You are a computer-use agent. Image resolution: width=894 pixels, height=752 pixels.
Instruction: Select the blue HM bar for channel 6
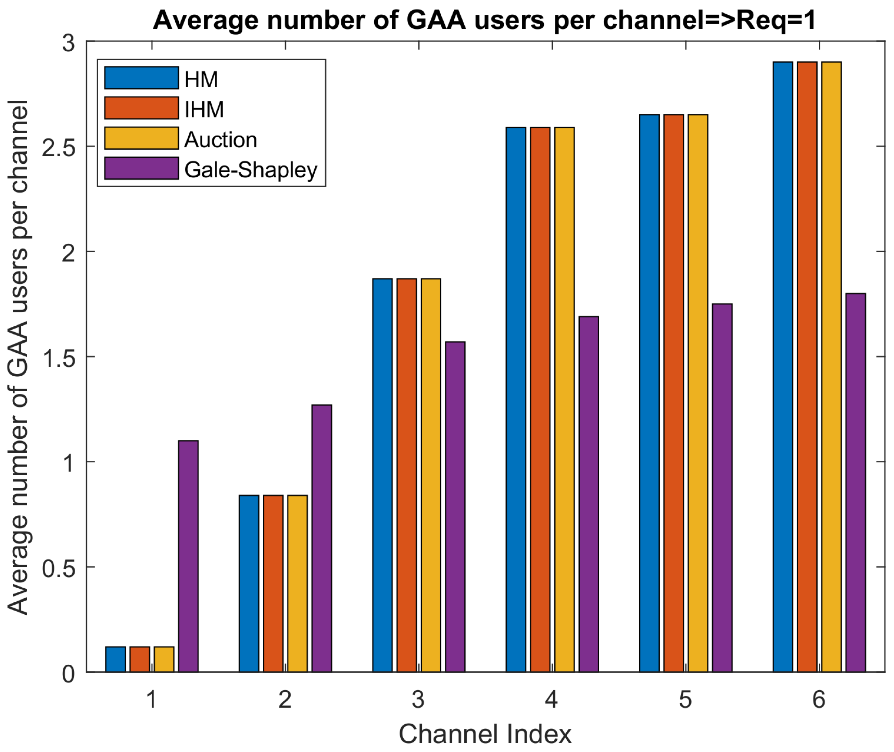(x=783, y=367)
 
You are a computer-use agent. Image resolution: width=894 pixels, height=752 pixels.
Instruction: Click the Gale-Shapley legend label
(x=251, y=170)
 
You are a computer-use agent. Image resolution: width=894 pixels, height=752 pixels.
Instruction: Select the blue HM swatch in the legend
(x=141, y=78)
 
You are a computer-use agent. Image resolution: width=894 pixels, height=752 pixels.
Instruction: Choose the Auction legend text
(x=221, y=140)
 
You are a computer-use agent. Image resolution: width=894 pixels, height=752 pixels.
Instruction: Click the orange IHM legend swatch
(x=141, y=108)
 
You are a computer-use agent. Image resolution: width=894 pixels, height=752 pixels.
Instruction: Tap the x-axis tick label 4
(x=551, y=700)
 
